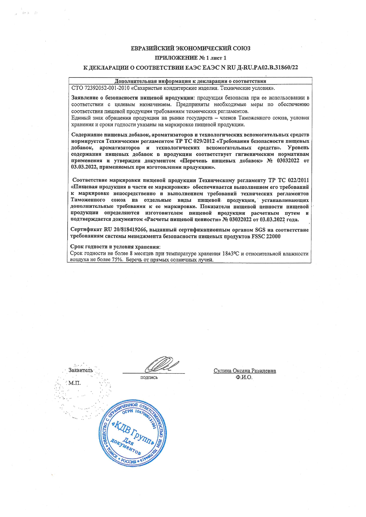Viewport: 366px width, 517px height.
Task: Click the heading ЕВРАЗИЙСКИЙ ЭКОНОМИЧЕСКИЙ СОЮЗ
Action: click(x=191, y=48)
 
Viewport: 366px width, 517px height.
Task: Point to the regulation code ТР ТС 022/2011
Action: click(x=289, y=180)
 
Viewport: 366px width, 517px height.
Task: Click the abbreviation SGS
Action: click(x=260, y=230)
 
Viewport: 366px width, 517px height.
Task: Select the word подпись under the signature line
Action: click(x=149, y=378)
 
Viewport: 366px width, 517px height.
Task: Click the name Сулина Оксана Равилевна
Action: click(x=245, y=371)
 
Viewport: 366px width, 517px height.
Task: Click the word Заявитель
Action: click(x=81, y=370)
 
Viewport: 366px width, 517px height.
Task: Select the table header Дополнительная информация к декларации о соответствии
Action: click(x=190, y=81)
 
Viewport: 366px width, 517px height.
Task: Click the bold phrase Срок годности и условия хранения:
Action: click(x=115, y=247)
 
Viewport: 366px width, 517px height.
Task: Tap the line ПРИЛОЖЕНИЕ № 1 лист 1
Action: click(x=191, y=58)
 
